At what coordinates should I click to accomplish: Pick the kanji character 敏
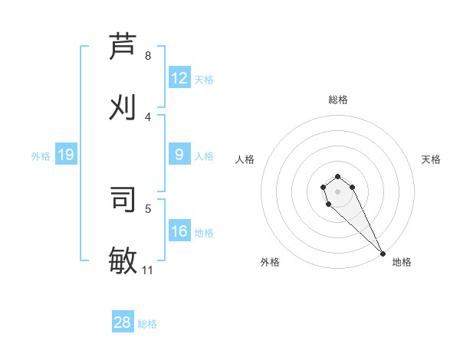coord(123,260)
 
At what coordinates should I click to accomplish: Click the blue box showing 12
coord(179,78)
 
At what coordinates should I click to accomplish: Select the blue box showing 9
coord(179,155)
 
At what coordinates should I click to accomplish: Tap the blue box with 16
coord(179,231)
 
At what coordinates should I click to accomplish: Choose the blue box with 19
coord(66,155)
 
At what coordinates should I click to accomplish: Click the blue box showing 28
coord(123,322)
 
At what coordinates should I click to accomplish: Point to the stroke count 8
coord(148,56)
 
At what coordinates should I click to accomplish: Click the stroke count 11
coord(148,270)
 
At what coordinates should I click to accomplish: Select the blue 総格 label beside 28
coord(147,324)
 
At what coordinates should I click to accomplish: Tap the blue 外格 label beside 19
coord(41,156)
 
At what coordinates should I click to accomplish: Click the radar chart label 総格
coord(338,100)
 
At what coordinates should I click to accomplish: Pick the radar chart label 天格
coord(431,159)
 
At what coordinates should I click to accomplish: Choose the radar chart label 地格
coord(402,262)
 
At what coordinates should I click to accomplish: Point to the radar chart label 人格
coord(245,159)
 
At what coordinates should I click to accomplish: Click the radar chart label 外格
coord(270,262)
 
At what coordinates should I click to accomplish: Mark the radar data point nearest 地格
coord(383,254)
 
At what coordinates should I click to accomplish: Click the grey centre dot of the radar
coord(337,191)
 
